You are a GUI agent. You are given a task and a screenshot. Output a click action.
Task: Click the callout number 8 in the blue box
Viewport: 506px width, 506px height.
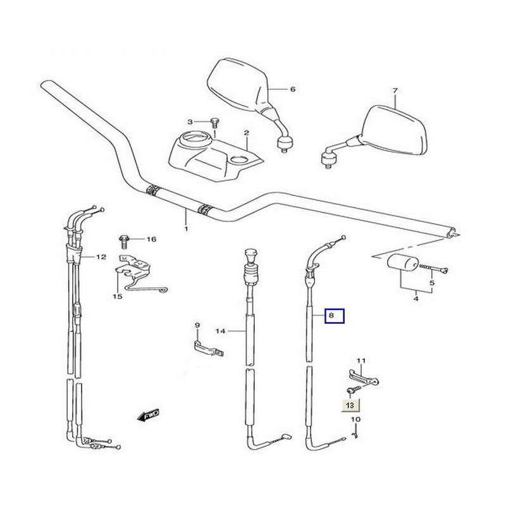331,315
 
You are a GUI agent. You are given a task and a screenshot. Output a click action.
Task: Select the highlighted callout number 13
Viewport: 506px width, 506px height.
350,405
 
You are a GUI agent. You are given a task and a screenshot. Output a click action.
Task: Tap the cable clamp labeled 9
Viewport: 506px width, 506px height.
208,349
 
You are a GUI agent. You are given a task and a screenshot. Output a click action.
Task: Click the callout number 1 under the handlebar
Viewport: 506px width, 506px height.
186,229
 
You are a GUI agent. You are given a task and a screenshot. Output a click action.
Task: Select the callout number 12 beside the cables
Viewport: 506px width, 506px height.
101,257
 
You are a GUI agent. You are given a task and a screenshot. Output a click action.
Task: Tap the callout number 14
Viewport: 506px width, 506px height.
220,331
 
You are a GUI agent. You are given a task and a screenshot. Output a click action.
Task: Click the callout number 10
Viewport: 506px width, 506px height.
355,419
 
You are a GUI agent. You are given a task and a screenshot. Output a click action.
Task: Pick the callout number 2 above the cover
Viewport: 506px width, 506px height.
246,133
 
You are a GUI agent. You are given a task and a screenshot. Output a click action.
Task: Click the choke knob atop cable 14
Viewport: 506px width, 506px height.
250,254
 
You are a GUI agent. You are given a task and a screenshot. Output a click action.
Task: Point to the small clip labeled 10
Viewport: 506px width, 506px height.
355,434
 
